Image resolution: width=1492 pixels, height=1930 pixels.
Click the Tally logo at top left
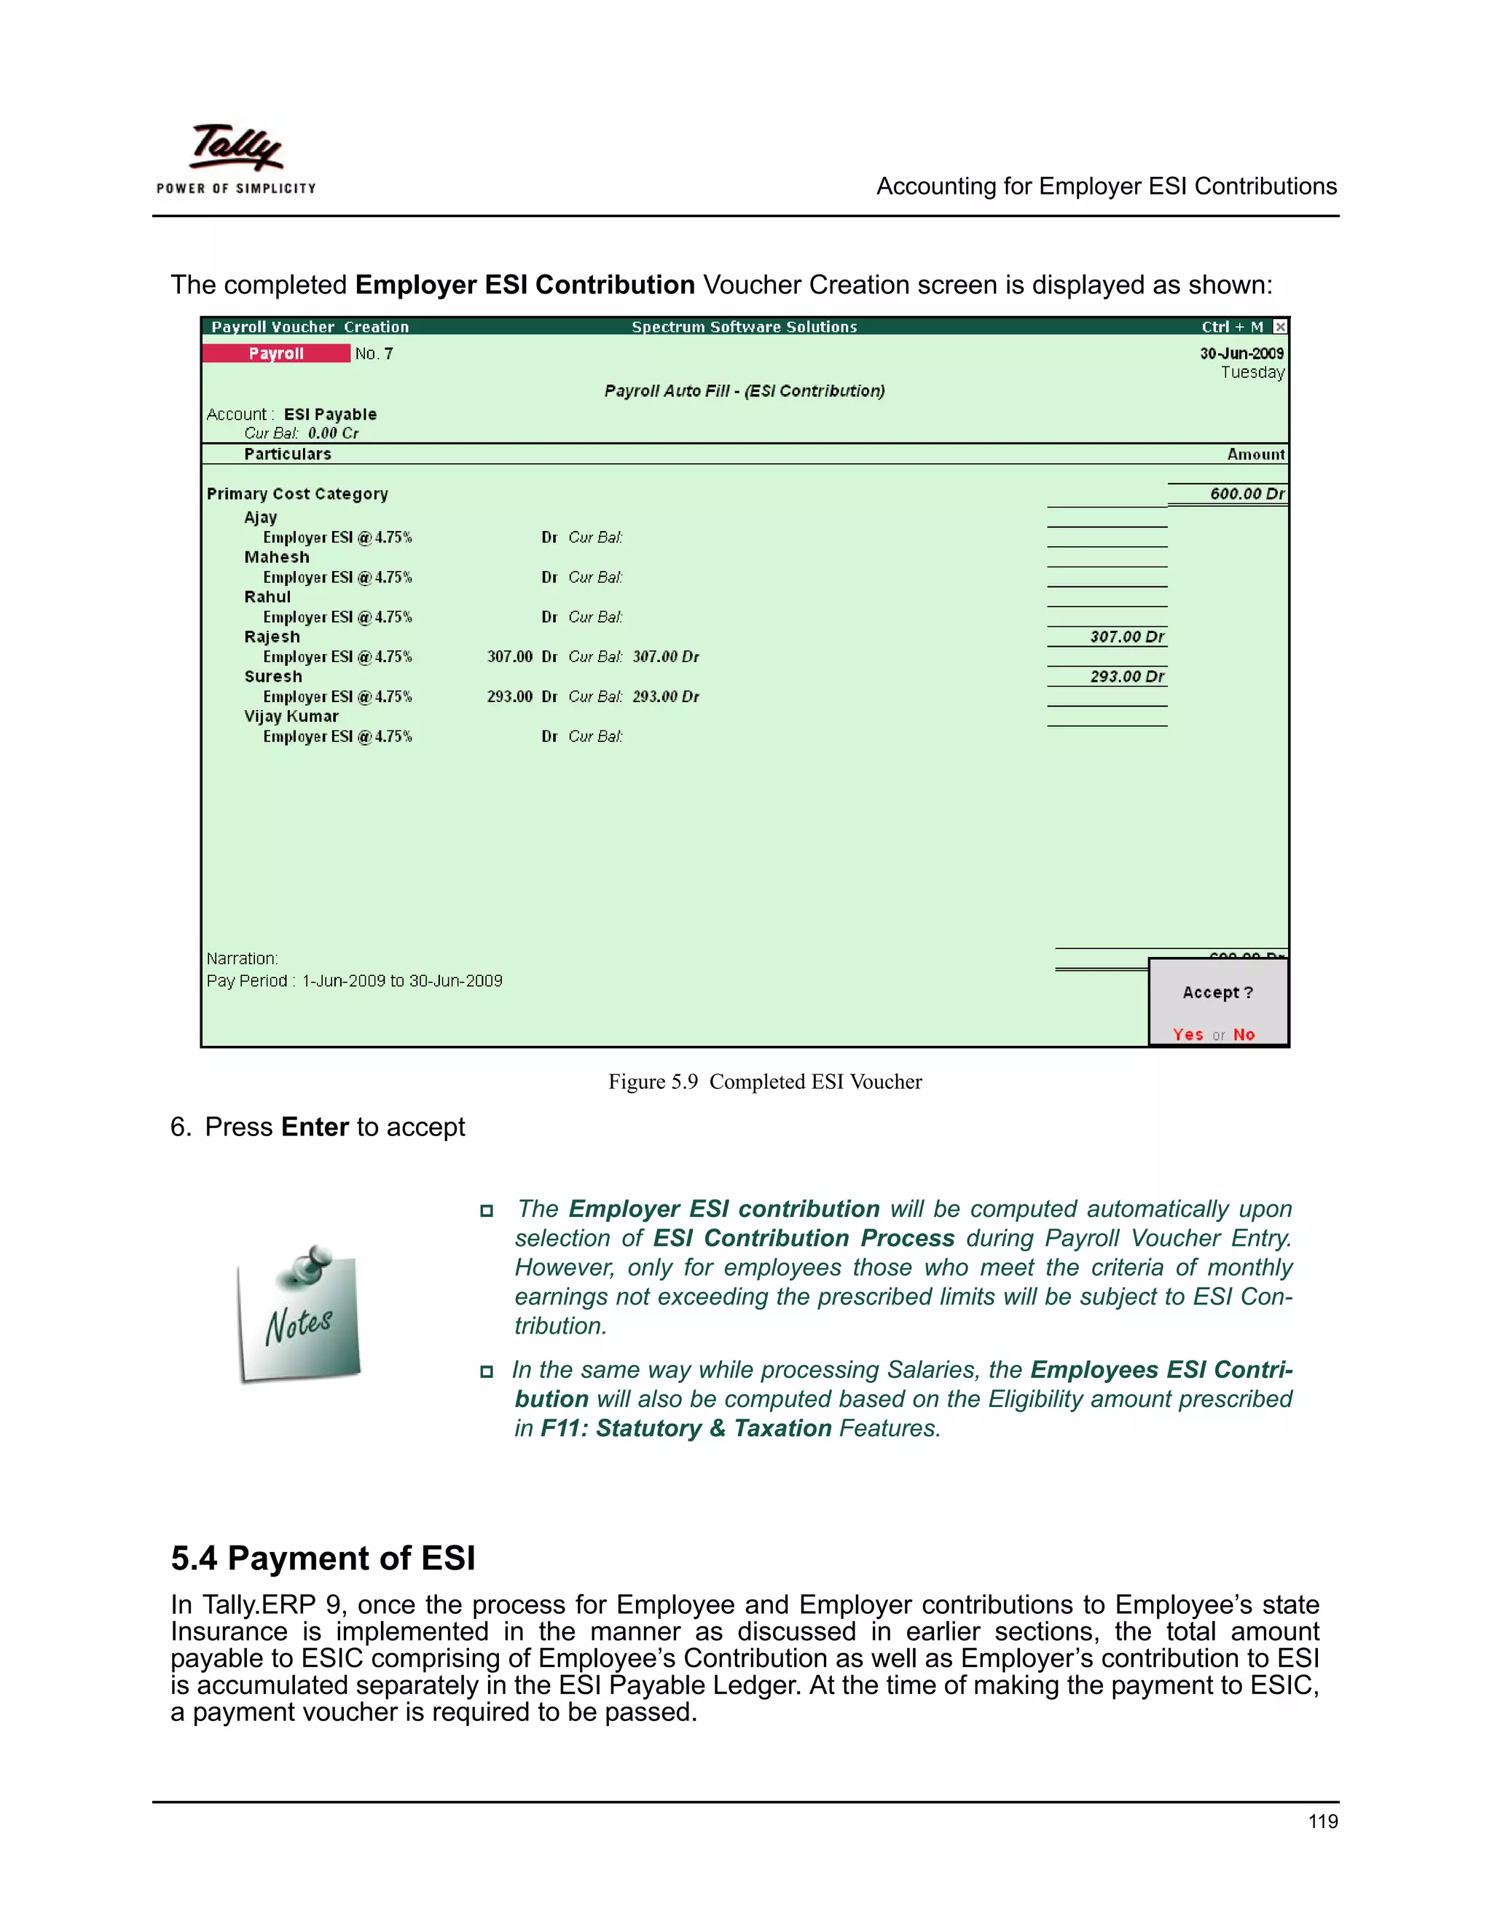[x=235, y=157]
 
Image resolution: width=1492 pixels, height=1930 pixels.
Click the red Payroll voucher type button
[x=276, y=353]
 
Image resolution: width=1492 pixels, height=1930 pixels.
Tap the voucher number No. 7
[x=374, y=353]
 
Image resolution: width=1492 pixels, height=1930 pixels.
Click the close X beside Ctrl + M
[x=1280, y=327]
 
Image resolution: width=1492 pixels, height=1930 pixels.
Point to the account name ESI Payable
[x=330, y=414]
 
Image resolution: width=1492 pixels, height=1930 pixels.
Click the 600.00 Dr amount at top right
[x=1246, y=494]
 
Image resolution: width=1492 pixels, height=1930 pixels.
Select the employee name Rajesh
[x=272, y=637]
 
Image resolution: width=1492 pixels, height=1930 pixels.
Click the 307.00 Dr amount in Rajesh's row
[x=1126, y=637]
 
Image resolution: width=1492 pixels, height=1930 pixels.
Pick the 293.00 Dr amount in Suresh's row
[x=1126, y=677]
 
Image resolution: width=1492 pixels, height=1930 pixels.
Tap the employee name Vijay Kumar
[x=291, y=717]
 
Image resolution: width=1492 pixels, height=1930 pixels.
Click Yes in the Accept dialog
[x=1188, y=1035]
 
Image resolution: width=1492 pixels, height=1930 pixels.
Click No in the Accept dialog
[x=1244, y=1035]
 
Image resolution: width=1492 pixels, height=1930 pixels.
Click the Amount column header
[x=1255, y=454]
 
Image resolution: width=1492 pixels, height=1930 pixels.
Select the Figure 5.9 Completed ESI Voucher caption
[x=764, y=1082]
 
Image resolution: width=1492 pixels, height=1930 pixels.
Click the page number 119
[x=1322, y=1821]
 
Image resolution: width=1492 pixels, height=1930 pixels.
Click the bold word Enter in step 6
[x=315, y=1127]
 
